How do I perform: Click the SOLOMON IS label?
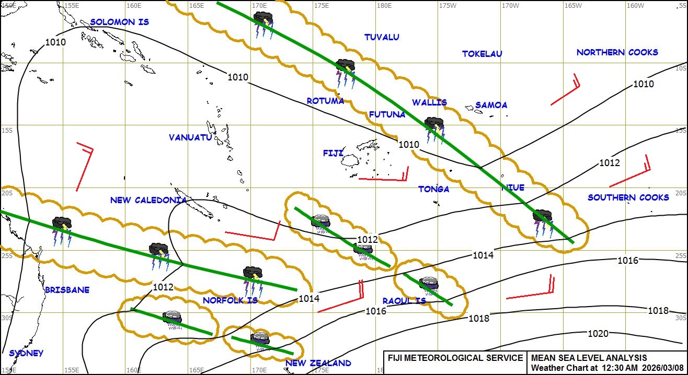click(120, 22)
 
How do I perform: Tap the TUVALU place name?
click(382, 37)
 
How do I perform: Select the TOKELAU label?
click(482, 54)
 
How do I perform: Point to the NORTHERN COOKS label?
click(617, 52)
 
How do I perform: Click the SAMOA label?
click(491, 105)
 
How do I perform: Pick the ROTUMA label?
click(325, 101)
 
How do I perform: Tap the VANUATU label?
click(190, 137)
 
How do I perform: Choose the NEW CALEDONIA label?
click(148, 200)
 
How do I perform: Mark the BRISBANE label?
click(67, 290)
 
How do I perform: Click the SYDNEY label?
click(26, 353)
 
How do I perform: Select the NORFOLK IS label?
click(230, 300)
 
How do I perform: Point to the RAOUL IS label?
click(404, 301)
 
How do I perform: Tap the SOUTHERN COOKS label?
click(628, 197)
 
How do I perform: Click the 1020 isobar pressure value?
click(598, 334)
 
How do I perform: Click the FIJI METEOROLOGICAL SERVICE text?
click(455, 358)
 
